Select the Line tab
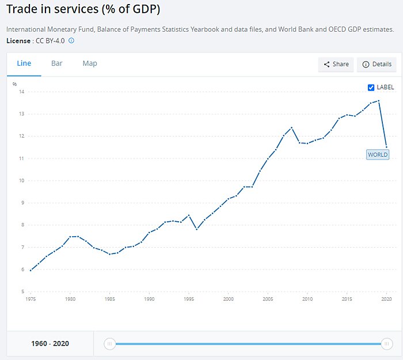(x=24, y=63)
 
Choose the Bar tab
(x=56, y=63)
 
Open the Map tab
(x=90, y=63)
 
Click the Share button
(x=336, y=65)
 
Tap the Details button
(x=377, y=65)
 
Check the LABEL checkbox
(x=371, y=88)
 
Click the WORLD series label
(x=378, y=154)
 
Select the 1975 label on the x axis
(x=31, y=300)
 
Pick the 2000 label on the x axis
(x=229, y=300)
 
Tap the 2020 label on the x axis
(x=387, y=300)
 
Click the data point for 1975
(x=31, y=270)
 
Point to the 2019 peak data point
(x=379, y=101)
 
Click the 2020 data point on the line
(x=386, y=147)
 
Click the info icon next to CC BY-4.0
(x=71, y=41)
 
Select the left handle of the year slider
(x=109, y=344)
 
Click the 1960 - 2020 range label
(x=50, y=344)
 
